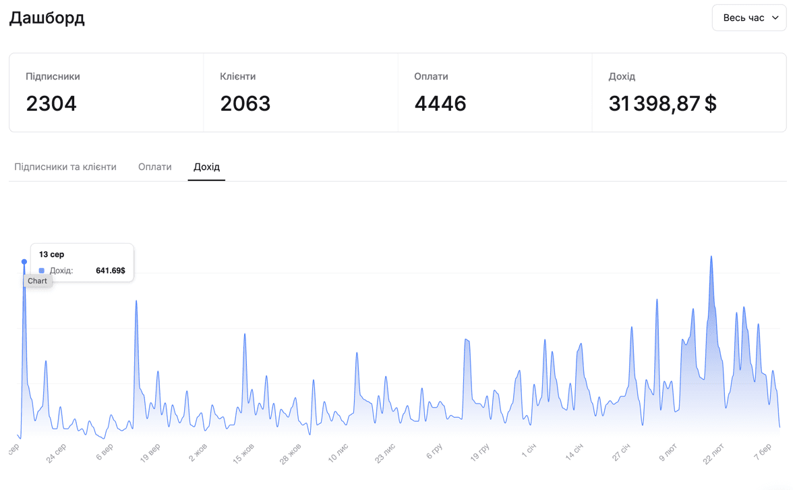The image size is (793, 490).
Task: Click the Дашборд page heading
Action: (47, 18)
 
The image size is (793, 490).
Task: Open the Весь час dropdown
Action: (749, 18)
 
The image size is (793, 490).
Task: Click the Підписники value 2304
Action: (51, 103)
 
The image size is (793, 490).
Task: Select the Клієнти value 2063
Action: (245, 103)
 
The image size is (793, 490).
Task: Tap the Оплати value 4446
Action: (440, 103)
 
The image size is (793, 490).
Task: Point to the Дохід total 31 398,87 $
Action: (662, 103)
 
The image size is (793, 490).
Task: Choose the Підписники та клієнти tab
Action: (65, 167)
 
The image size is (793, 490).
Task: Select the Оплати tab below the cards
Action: (155, 167)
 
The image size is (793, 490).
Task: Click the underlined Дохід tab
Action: (206, 167)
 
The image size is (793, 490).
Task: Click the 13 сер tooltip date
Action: (52, 254)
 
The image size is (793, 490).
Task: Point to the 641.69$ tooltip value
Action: (111, 271)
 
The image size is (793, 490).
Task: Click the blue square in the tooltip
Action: (42, 271)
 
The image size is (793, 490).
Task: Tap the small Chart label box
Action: (38, 281)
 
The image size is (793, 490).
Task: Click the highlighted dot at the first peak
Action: (24, 262)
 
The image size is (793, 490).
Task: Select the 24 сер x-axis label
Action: (57, 454)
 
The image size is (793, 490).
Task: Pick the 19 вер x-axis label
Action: (150, 454)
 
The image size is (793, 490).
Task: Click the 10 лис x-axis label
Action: (339, 454)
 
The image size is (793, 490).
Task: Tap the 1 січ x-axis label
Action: (529, 451)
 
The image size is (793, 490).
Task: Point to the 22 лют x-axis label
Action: (714, 454)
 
